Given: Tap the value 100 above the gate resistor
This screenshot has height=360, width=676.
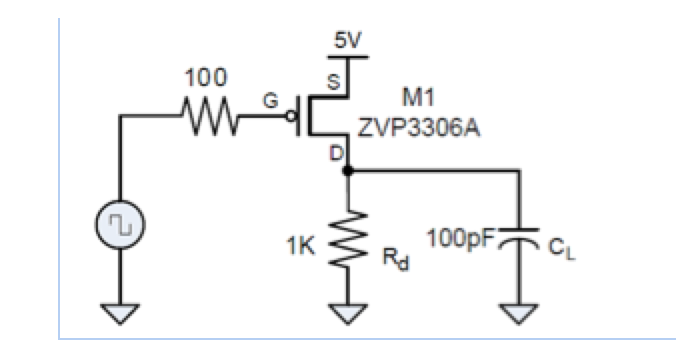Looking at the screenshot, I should tap(206, 77).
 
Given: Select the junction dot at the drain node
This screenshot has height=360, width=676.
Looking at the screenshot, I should tap(346, 172).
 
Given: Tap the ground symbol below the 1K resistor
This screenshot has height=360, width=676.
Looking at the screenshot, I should tap(346, 315).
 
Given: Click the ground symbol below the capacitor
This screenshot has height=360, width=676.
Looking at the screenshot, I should tap(519, 315).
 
